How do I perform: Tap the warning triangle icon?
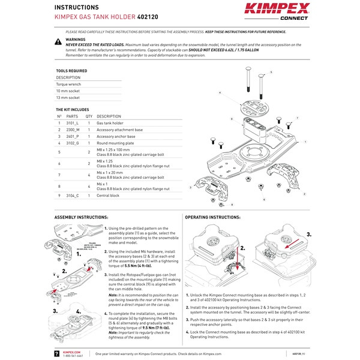58,41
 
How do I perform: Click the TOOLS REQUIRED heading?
71,71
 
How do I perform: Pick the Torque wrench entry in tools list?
68,84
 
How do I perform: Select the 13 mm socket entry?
68,97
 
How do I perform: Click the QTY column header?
89,116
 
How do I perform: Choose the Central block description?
108,196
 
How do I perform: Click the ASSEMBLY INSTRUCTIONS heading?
82,216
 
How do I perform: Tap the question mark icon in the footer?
56,354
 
